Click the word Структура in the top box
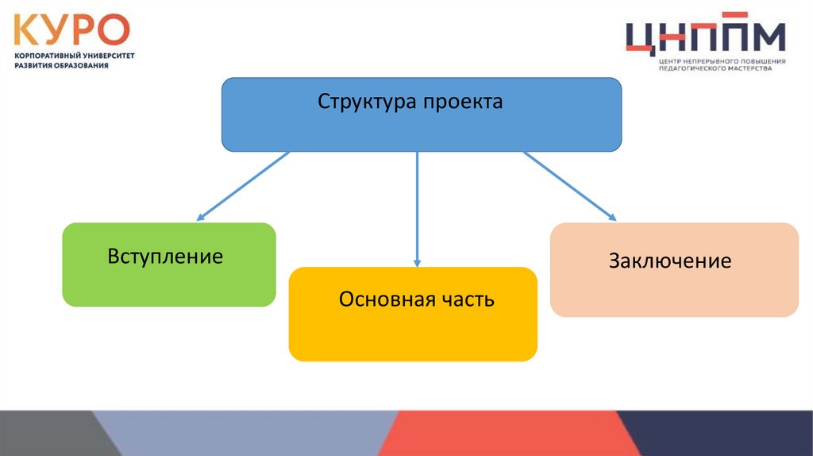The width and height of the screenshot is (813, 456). pos(367,102)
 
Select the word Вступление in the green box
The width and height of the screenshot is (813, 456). pos(165,257)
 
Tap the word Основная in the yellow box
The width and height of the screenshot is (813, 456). pos(387,299)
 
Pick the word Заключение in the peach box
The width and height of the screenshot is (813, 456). pos(670,261)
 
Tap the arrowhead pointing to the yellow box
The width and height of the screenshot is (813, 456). pos(418,262)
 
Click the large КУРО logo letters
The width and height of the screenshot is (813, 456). pos(71,30)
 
